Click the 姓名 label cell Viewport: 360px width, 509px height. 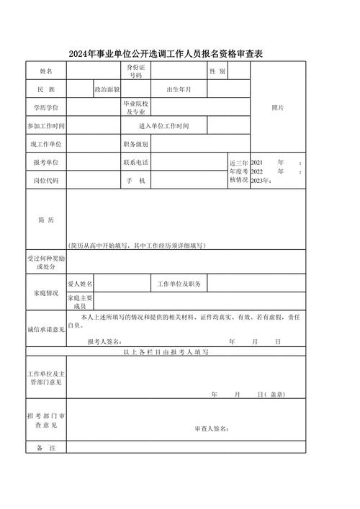point(46,71)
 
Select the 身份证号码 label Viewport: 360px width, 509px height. point(136,71)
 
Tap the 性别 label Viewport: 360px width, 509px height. point(217,71)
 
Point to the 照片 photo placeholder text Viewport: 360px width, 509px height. point(277,107)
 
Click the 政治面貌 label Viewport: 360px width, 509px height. point(107,89)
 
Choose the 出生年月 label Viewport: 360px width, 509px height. point(179,89)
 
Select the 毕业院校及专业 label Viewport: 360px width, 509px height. point(136,107)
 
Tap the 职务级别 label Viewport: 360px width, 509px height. point(136,144)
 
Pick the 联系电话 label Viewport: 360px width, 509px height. point(136,163)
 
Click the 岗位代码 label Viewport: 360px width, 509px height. point(46,181)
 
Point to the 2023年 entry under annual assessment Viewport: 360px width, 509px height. point(260,181)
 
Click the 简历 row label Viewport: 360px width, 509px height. point(46,220)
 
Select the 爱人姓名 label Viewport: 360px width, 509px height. point(80,284)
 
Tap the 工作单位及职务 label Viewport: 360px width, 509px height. point(179,284)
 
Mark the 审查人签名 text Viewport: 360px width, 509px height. point(212,428)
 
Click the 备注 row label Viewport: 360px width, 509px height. point(46,448)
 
